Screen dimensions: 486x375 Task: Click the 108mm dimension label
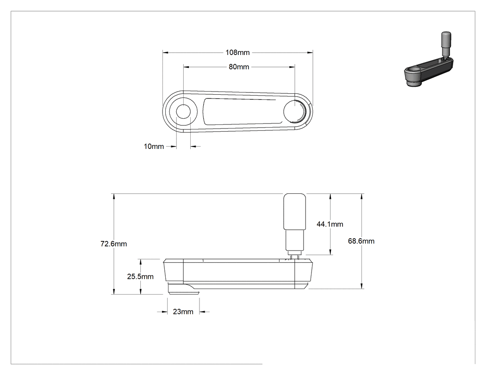coord(237,52)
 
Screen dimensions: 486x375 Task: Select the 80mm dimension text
coord(239,67)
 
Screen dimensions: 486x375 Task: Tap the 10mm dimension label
coord(154,147)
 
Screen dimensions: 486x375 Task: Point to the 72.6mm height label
coord(113,244)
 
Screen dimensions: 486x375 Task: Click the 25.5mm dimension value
coord(140,277)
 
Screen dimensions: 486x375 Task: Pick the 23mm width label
coord(183,312)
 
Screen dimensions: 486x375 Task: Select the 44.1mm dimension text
coord(330,224)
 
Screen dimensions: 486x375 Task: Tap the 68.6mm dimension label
coord(361,241)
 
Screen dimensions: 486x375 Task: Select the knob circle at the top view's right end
coord(294,111)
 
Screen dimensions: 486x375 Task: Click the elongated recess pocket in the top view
coord(240,111)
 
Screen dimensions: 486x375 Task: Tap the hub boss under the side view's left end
coord(183,288)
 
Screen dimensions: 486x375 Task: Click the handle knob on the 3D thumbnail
coord(446,43)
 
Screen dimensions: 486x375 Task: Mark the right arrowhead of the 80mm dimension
coord(292,67)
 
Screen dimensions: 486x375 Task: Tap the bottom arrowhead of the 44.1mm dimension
coord(330,252)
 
